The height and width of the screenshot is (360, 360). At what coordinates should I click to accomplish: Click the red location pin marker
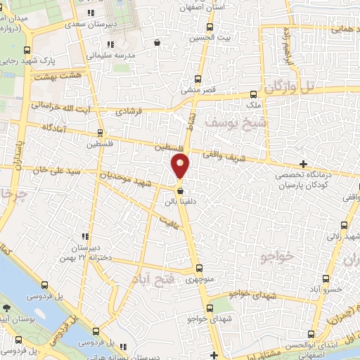click(181, 167)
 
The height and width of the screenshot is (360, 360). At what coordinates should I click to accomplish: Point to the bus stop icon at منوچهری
click(199, 268)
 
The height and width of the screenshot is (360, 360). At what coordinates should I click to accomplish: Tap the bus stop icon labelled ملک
click(254, 93)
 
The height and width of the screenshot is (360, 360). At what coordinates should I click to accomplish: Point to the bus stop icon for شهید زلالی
click(344, 225)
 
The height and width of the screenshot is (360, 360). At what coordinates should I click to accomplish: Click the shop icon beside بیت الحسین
click(157, 43)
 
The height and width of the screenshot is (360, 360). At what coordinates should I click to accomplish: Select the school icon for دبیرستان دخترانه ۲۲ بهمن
click(85, 236)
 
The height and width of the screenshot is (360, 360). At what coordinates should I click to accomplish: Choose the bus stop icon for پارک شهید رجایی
click(27, 50)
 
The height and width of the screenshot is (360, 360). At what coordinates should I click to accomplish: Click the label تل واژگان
click(288, 86)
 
